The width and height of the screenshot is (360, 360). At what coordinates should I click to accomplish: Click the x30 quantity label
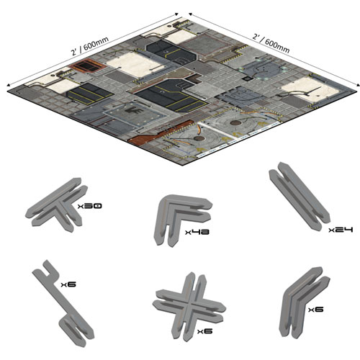pyautogui.click(x=89, y=206)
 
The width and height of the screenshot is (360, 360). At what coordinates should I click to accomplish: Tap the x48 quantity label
pyautogui.click(x=197, y=232)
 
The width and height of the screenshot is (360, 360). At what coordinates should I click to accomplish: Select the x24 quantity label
pyautogui.click(x=341, y=230)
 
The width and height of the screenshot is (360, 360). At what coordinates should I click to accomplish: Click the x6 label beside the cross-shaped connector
pyautogui.click(x=204, y=331)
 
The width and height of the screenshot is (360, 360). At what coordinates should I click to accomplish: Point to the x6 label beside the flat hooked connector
pyautogui.click(x=68, y=284)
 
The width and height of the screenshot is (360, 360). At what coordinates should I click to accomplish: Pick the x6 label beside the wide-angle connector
pyautogui.click(x=316, y=310)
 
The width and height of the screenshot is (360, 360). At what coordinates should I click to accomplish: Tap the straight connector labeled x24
pyautogui.click(x=299, y=197)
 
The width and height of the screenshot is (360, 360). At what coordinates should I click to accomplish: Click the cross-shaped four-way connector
pyautogui.click(x=189, y=306)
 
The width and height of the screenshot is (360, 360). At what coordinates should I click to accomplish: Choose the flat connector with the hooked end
pyautogui.click(x=63, y=304)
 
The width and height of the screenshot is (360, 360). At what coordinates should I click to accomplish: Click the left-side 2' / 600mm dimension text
pyautogui.click(x=90, y=46)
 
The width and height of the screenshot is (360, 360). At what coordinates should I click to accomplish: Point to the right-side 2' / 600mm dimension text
pyautogui.click(x=271, y=43)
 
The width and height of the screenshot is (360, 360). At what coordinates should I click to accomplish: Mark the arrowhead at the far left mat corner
pyautogui.click(x=9, y=85)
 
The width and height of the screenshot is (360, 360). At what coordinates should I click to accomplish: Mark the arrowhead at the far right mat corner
pyautogui.click(x=358, y=84)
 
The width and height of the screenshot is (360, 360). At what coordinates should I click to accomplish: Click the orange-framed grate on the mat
pyautogui.click(x=87, y=66)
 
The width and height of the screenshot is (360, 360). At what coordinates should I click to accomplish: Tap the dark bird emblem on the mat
pyautogui.click(x=135, y=111)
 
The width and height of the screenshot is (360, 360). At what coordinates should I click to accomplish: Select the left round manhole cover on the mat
pyautogui.click(x=199, y=138)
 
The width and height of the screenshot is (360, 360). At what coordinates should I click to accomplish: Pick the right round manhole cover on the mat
pyautogui.click(x=235, y=123)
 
